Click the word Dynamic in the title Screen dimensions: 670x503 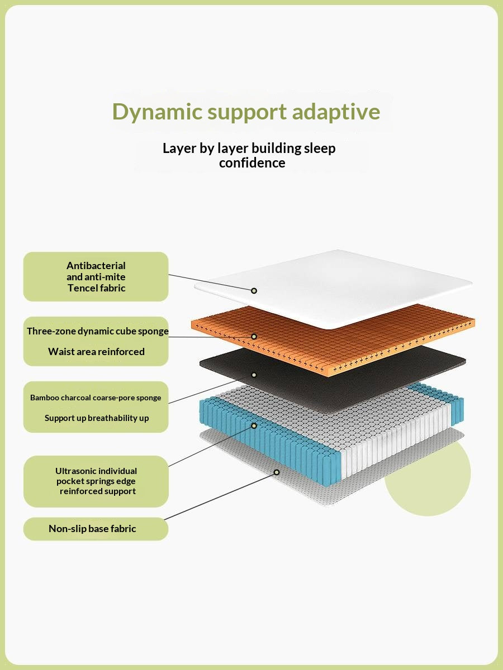157,112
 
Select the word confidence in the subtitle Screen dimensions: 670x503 252,163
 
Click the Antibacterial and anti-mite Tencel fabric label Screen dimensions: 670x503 96,277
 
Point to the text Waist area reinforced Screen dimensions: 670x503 96,352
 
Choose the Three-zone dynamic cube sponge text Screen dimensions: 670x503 98,331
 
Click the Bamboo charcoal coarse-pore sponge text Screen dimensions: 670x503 96,398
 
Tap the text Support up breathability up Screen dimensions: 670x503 97,418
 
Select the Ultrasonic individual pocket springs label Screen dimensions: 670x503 96,481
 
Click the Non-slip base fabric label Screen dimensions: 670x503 92,529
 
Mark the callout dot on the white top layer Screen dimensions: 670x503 254,290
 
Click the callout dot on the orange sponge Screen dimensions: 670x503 254,337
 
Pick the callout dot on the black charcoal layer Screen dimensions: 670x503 254,375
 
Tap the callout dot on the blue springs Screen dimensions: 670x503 254,425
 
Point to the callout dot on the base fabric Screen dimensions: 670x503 276,472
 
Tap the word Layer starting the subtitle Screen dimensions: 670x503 179,149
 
